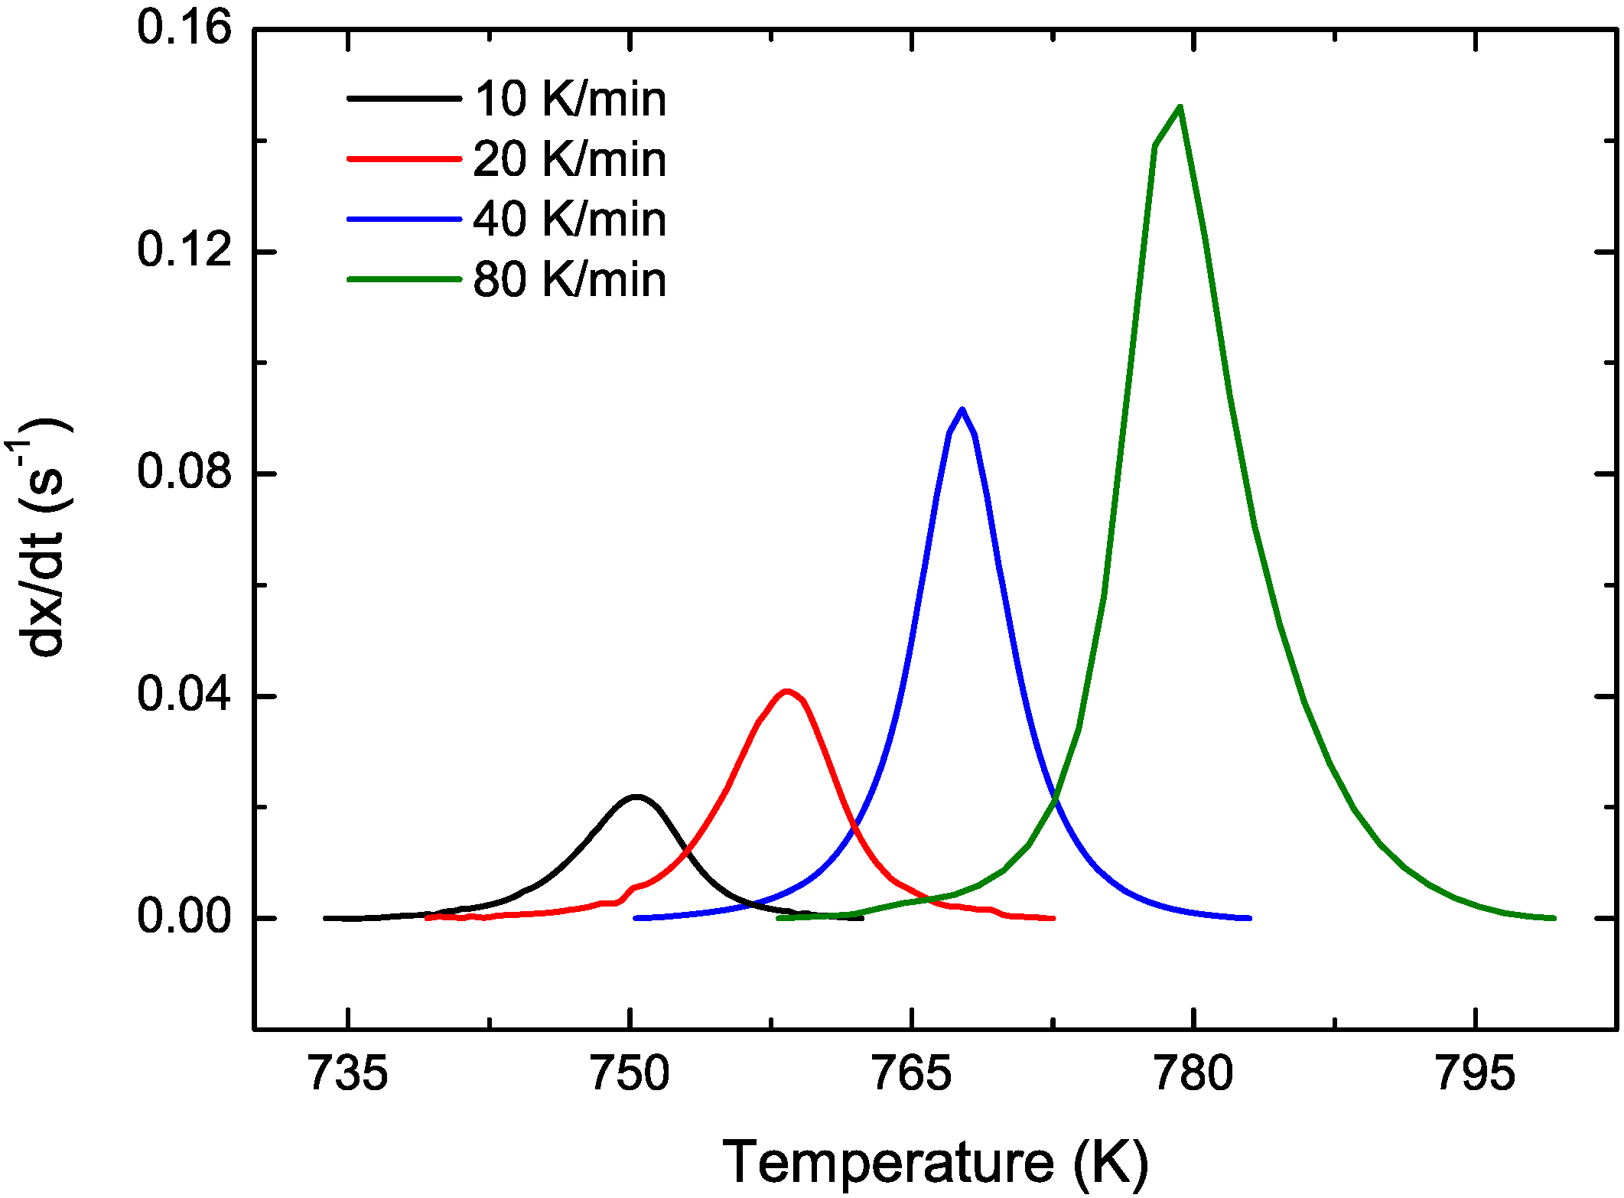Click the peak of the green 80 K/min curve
1180,106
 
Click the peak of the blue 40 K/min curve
962,409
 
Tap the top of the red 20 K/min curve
786,691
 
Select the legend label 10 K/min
570,99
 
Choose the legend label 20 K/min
570,159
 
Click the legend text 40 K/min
570,220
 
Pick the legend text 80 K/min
570,280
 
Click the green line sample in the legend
404,280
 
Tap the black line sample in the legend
404,99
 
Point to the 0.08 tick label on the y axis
184,473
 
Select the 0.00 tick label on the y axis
184,917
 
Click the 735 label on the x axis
348,1073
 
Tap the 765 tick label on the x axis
912,1073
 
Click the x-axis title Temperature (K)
935,1161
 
